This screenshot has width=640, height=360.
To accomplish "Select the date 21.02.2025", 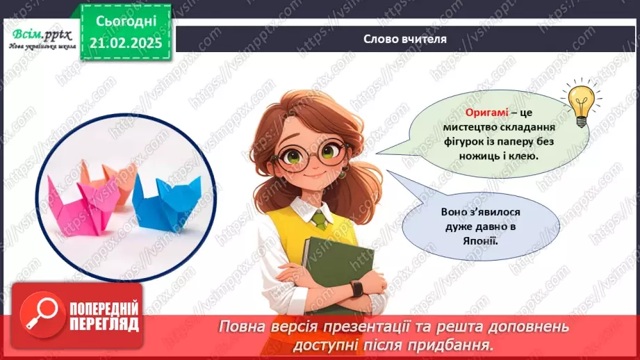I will pos(125,42).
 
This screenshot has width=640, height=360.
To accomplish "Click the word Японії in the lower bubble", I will pos(480,240).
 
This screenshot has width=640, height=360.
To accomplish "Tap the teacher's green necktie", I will pos(319,220).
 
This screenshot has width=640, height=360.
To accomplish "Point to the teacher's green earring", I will pos(341,174).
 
